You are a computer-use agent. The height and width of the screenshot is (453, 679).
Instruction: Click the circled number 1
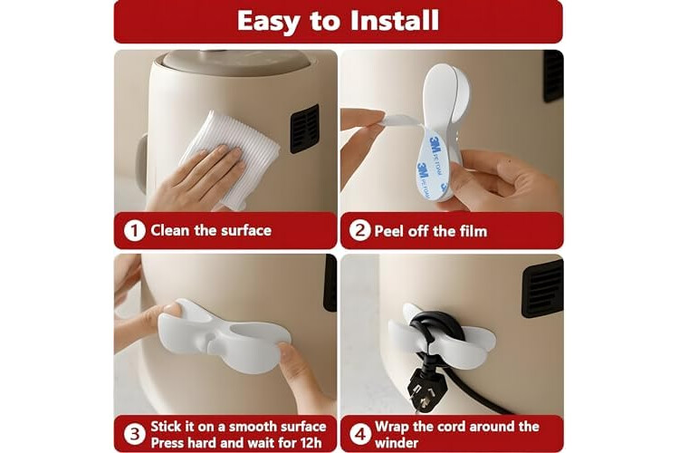pos(134,231)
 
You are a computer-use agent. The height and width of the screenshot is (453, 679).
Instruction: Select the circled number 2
pos(359,230)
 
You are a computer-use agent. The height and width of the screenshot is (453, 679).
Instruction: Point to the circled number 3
pos(134,434)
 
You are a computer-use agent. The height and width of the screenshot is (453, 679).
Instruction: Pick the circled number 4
pos(359,434)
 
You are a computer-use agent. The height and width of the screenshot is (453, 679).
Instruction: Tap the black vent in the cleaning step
pos(305,129)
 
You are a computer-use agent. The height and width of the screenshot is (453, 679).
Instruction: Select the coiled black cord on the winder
pos(430,330)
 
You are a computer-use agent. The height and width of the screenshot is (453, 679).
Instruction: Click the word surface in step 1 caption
pos(248,230)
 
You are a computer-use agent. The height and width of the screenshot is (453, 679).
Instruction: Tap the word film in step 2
pos(473,231)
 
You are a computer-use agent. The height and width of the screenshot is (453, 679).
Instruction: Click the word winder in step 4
pos(397,443)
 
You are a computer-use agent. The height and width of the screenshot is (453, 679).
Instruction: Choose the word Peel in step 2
pos(389,231)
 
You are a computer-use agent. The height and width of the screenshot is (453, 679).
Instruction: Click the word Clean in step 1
pos(170,230)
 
